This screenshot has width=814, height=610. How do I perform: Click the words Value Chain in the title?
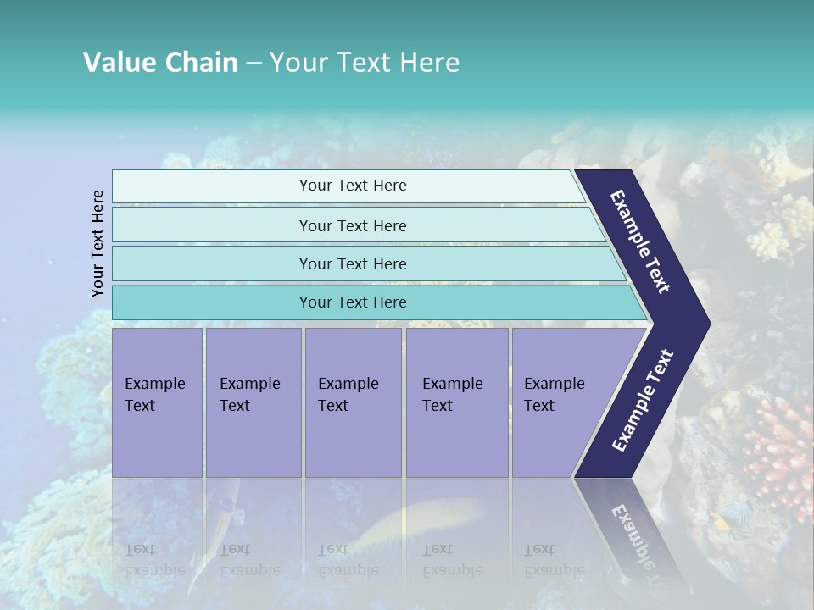160,63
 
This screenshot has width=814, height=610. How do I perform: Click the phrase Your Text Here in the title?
365,63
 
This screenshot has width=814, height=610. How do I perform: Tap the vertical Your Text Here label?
98,243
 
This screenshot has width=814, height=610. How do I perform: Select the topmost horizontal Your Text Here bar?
352,186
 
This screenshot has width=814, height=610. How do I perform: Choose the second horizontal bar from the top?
352,225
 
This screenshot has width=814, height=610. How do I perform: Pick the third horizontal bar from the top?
352,263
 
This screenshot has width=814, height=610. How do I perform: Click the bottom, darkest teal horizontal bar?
352,302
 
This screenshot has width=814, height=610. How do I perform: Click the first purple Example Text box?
157,402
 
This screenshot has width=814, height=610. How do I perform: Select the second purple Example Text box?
253,402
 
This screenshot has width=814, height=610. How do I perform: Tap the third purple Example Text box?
353,402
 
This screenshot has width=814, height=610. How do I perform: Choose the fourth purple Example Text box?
456,402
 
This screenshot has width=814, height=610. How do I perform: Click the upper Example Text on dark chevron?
641,241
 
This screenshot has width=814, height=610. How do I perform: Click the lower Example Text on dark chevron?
642,401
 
